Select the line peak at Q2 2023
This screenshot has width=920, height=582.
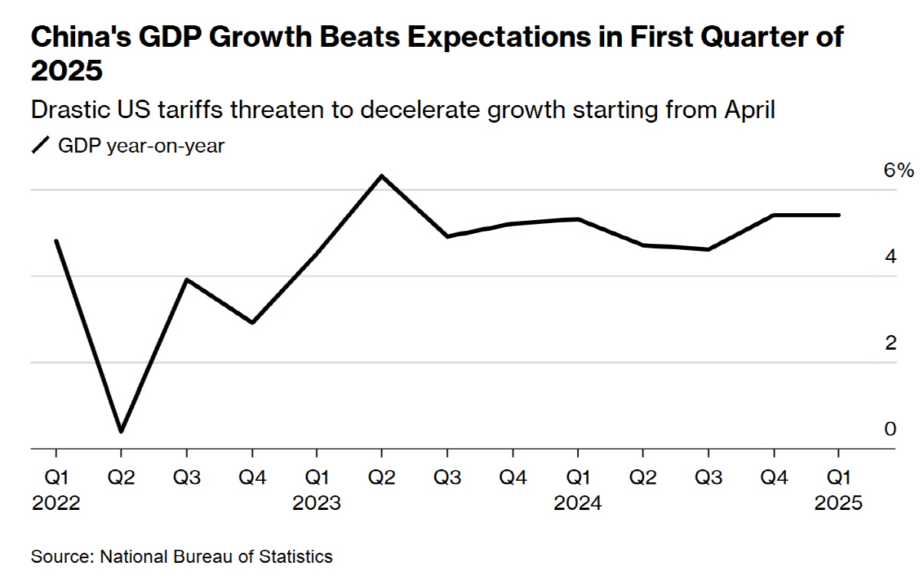[382, 176]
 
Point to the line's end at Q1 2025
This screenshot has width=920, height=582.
[838, 215]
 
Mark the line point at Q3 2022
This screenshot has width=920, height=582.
[186, 280]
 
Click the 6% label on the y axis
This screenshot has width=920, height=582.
[899, 170]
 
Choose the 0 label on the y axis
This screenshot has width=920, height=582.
[890, 429]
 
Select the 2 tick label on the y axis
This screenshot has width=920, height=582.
[890, 343]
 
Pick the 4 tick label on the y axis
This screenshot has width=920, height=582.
[890, 257]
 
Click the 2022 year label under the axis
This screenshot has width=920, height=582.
[56, 504]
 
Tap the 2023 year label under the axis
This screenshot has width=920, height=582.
[317, 504]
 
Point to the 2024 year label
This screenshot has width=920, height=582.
[578, 504]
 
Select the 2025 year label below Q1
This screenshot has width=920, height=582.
[839, 504]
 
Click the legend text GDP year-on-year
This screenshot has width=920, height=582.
[141, 146]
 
